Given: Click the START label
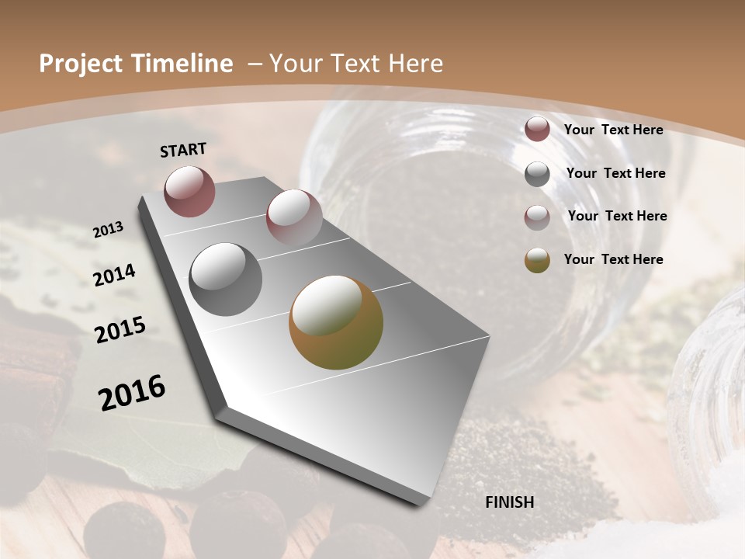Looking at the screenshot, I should (x=183, y=150).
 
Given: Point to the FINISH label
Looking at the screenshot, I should (x=510, y=502).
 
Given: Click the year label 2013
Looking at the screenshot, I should (x=109, y=230).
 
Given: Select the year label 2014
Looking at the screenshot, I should (x=115, y=275).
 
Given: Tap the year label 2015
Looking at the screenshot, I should (x=120, y=330).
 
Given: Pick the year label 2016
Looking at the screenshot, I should (x=132, y=392).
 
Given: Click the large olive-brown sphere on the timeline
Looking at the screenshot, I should (x=336, y=322).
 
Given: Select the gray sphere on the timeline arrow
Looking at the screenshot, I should (x=226, y=279).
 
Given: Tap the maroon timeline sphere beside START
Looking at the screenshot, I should (x=189, y=191).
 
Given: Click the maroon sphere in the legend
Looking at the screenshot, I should (x=537, y=130).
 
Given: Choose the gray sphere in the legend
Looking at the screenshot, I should (x=537, y=174).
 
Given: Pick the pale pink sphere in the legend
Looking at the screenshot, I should (x=537, y=217).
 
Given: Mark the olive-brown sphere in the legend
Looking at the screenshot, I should (x=537, y=260).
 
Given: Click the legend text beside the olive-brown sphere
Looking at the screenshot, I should (x=613, y=259).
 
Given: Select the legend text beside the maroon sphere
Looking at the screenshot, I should (x=613, y=130).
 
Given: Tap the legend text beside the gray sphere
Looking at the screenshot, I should (x=615, y=173).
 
